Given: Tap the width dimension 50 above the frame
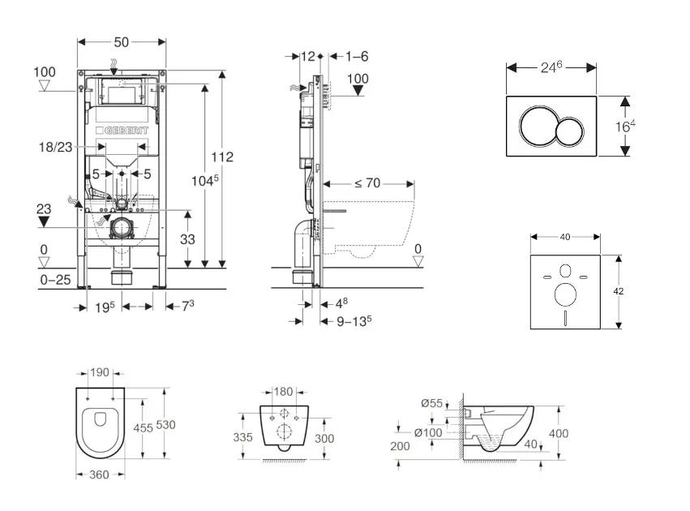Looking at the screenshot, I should tap(121, 41).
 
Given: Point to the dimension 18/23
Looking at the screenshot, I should tap(54, 148).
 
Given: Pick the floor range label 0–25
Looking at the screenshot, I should tap(56, 280).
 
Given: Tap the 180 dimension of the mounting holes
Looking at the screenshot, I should tap(283, 392).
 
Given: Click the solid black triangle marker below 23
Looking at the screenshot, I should tap(44, 220).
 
